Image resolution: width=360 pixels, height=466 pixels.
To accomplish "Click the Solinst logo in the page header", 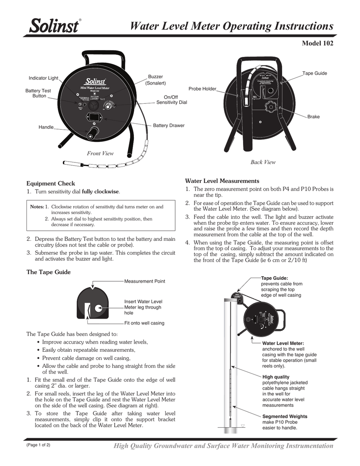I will (54, 26).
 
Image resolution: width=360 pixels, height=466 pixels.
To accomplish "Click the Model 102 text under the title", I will (318, 44).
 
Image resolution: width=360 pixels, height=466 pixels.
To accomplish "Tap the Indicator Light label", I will (44, 78).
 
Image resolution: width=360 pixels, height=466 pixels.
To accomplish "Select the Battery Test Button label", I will (38, 93).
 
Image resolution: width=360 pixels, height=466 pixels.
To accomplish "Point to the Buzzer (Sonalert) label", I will (156, 80).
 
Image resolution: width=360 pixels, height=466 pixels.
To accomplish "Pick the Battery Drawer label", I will (168, 125).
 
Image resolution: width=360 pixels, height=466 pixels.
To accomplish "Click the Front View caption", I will (100, 153).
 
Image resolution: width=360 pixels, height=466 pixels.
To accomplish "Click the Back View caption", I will (263, 162).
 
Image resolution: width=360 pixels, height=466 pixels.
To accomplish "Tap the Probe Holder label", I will (203, 88).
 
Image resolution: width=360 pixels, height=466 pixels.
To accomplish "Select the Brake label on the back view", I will (313, 117).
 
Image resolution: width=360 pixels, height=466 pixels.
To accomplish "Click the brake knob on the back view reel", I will (269, 109).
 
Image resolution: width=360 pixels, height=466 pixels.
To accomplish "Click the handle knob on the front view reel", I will (94, 133).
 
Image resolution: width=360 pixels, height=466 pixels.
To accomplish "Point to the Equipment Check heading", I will (50, 183).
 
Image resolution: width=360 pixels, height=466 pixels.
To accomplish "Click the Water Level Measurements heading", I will (222, 181).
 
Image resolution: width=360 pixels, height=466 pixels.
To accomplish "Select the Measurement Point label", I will (144, 281).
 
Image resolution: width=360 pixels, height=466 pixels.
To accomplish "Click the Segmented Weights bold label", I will (284, 416).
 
